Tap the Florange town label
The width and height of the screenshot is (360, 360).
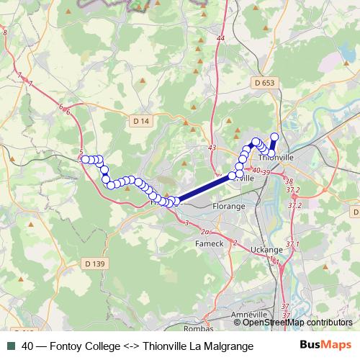coord(230,206)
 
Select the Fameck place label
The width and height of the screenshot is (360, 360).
coord(210,243)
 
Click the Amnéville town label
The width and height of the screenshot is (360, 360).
coord(248,315)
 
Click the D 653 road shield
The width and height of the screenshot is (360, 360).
coord(264,84)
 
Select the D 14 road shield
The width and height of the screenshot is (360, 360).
coord(140,122)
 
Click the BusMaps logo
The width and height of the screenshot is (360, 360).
coord(326,345)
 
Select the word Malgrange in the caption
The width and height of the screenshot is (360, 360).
coord(230,346)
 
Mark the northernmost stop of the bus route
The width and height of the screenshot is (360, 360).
coord(274,136)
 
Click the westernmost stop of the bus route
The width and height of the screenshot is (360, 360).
coord(85,159)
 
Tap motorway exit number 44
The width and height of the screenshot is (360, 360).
coord(220,38)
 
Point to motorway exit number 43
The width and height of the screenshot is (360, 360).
coord(211,148)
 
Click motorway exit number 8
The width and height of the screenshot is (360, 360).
coord(5,34)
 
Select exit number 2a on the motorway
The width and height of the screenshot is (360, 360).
coord(205,232)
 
